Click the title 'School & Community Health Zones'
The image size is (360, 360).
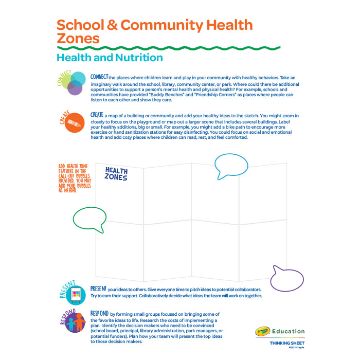point(154,31)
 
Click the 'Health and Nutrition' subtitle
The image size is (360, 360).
point(110,58)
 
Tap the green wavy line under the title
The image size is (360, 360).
point(168,48)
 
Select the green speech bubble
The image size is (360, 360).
point(91,218)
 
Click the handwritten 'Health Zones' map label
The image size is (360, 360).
point(116,173)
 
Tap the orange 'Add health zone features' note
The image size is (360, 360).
point(75,178)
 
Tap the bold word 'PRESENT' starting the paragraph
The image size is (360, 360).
point(99,289)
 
